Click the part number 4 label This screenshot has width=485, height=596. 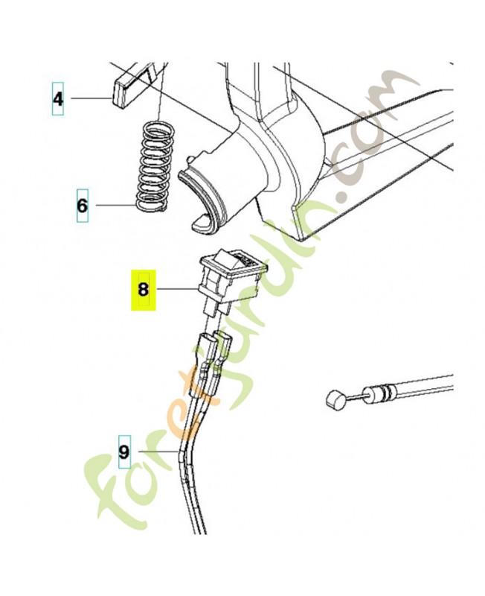[x=58, y=99]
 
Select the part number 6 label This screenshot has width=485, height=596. [x=83, y=206]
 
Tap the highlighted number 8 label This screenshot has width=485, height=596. [x=143, y=290]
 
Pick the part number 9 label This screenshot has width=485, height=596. [x=124, y=451]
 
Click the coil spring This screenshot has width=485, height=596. [x=154, y=165]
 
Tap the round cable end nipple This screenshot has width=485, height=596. [x=336, y=399]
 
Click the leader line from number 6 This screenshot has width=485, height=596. [x=116, y=206]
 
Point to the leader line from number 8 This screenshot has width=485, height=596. [x=177, y=290]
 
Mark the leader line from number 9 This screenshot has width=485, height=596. [x=158, y=451]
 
